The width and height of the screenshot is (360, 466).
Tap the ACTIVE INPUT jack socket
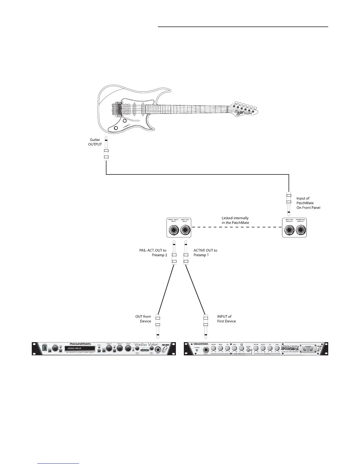tap(289, 230)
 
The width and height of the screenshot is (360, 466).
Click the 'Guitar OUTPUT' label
tap(95, 142)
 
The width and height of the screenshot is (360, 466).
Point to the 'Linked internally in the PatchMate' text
tap(235, 220)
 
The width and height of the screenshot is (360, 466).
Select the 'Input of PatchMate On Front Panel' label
tap(308, 203)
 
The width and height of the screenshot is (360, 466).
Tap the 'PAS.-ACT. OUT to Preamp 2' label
tap(153, 253)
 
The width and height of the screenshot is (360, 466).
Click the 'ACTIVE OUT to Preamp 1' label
tap(205, 253)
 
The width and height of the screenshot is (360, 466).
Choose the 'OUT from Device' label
tap(143, 319)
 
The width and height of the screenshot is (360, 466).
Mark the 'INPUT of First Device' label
tap(226, 319)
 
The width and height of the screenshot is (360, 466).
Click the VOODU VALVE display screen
tap(80, 348)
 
